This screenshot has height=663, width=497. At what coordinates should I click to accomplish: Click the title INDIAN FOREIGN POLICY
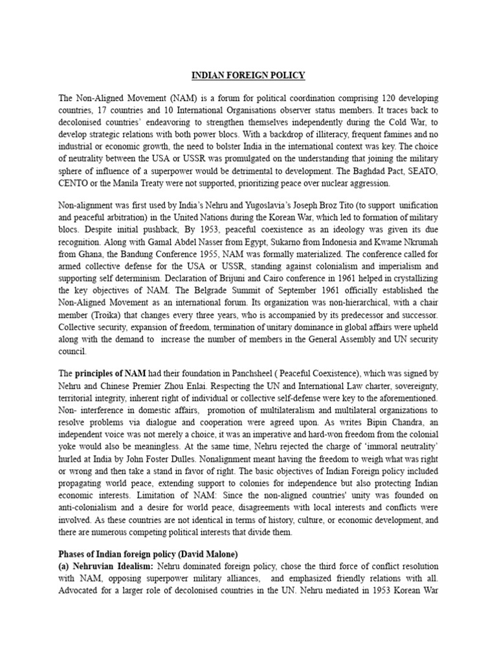248,76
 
